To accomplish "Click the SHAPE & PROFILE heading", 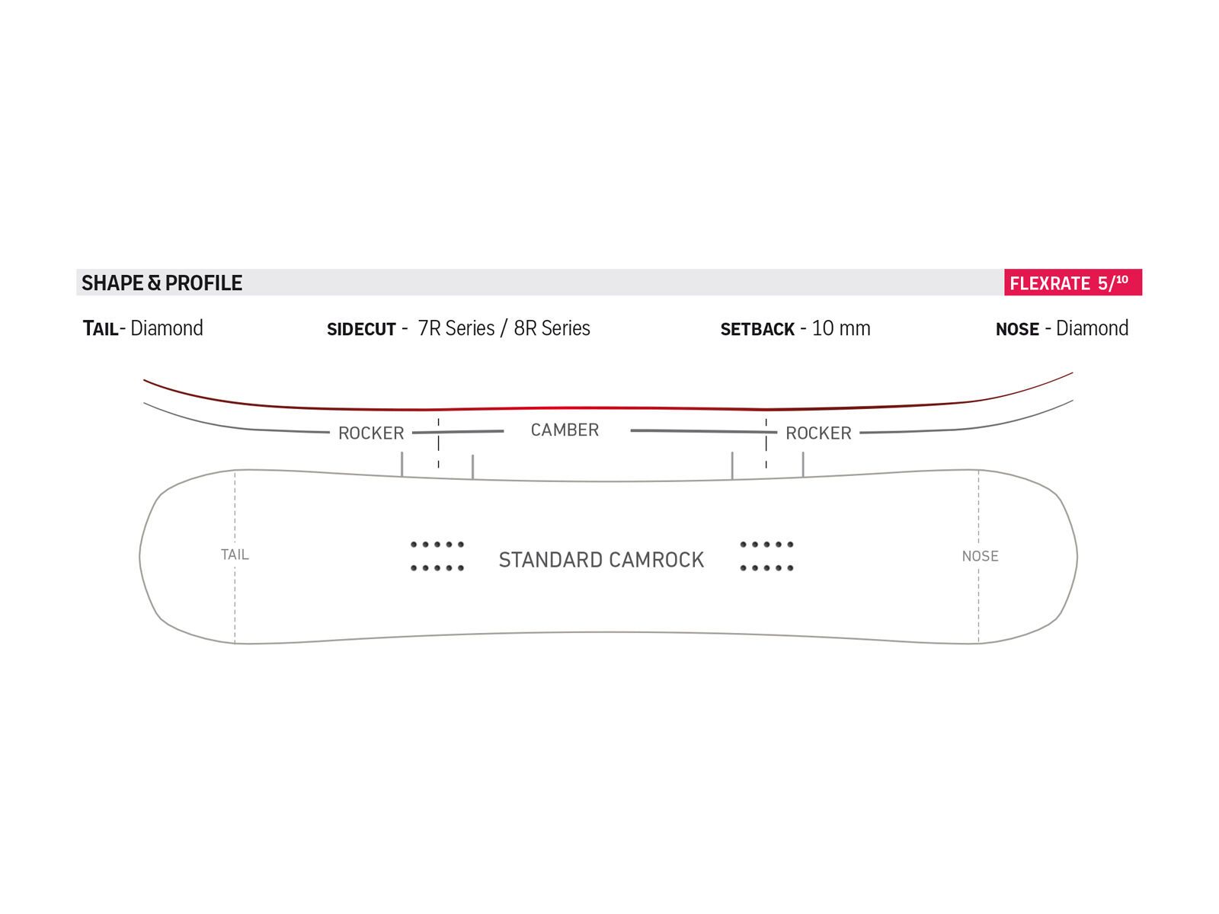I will coord(162,283).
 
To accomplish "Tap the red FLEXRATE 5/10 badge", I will coord(1072,283).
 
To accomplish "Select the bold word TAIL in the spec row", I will coord(101,329).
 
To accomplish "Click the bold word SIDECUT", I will coord(361,329).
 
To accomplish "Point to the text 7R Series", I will coord(456,328).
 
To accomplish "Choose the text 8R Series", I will coord(552,328).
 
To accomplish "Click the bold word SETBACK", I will coord(757,329).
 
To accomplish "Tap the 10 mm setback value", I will coord(840,328).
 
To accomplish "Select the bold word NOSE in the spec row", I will coord(1017,329).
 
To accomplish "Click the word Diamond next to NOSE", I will coord(1092,328).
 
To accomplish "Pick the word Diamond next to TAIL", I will coord(167,328).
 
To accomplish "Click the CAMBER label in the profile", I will coord(565,430).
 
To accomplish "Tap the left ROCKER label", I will coord(371,433).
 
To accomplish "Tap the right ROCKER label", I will coord(818,433).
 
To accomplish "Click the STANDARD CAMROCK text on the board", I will coord(601,560).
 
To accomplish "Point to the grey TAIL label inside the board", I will coord(235,554).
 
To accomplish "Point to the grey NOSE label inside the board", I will coord(980,556).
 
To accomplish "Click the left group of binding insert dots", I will coord(437,556).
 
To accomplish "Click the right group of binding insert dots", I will coord(767,556).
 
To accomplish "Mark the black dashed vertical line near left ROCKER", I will coord(438,443).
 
